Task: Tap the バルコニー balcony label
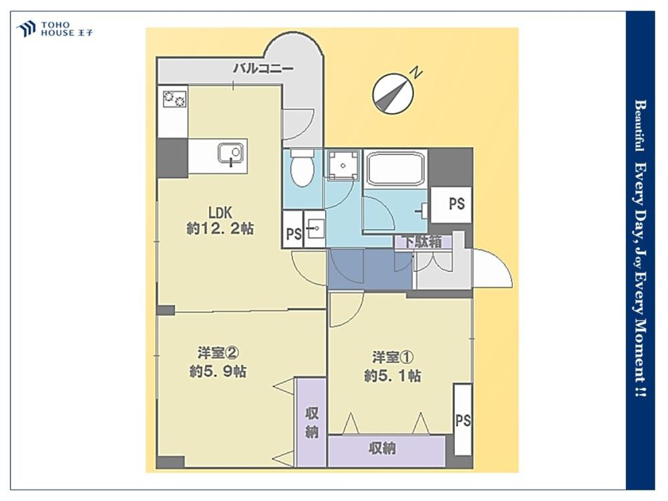[263, 68]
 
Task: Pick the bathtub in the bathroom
[396, 169]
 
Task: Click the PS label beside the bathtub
[457, 204]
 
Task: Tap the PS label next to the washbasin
[293, 234]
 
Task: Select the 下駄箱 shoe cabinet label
[423, 242]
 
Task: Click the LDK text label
[219, 212]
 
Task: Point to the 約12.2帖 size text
[220, 229]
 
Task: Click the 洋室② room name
[218, 353]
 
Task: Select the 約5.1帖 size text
[392, 375]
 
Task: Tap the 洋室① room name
[393, 357]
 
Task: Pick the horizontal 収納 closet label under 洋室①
[382, 448]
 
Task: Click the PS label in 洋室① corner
[463, 420]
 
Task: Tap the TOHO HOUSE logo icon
[25, 29]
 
